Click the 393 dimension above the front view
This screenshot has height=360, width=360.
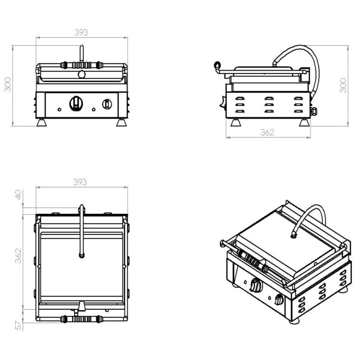pos(82,33)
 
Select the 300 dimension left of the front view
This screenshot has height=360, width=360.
pos(8,85)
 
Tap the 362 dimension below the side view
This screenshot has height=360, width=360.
pos(267,133)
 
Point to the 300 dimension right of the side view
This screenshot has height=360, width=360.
pos(343,85)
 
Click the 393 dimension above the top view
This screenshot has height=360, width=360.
pos(81,182)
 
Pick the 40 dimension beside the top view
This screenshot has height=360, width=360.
pos(18,194)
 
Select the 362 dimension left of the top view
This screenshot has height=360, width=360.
pos(18,257)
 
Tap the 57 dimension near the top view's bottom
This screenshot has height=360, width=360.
pos(18,325)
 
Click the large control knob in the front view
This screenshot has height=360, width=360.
pos(76,103)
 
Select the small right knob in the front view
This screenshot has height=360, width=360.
pos(108,103)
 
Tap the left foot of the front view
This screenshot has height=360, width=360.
pos(42,122)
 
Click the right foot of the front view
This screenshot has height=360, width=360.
pos(121,122)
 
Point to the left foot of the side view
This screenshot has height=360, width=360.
pos(235,122)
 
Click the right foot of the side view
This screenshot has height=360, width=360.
pos(304,122)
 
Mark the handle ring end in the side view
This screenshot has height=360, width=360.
pos(218,65)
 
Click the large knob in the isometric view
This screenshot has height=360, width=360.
pos(256,286)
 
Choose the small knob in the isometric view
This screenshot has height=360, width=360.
pos(279,300)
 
